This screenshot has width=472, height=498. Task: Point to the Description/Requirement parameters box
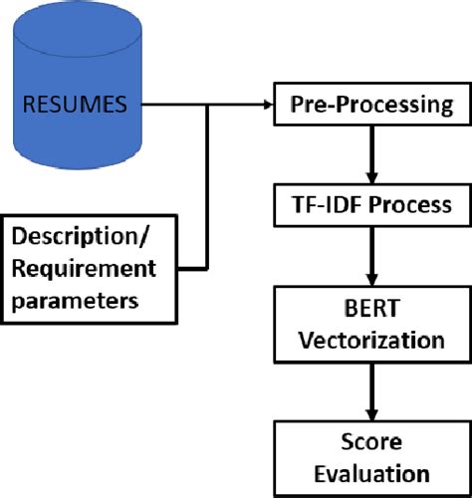pos(85,267)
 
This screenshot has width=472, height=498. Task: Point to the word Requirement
pos(85,267)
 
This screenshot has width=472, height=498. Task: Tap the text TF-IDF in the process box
pos(336,206)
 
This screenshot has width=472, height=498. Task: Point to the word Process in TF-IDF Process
pos(409,206)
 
